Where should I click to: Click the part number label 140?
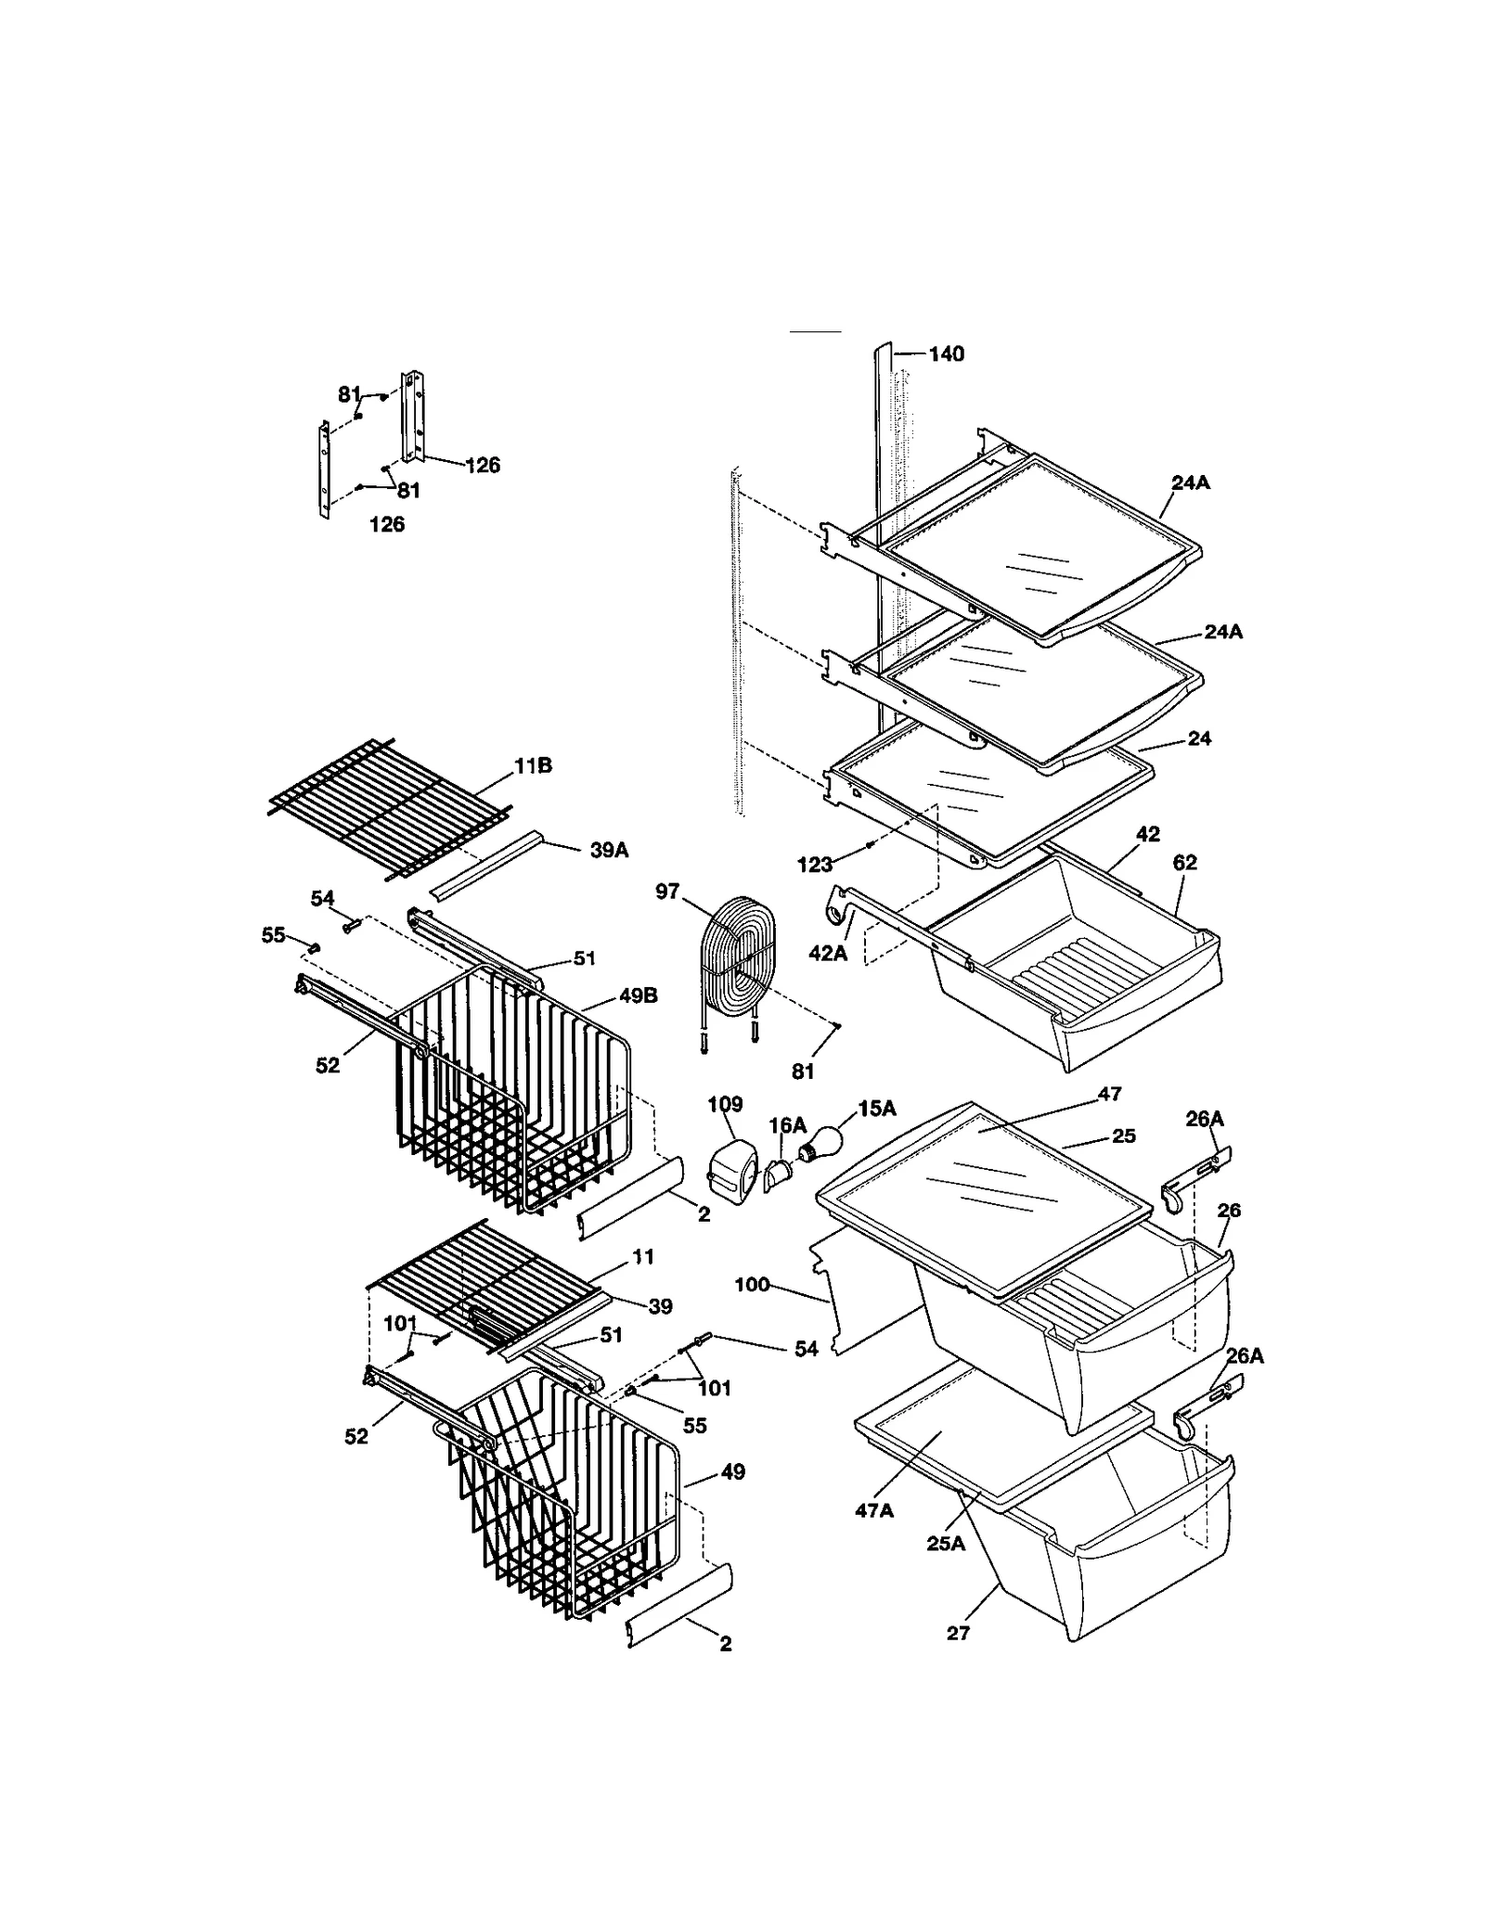(946, 353)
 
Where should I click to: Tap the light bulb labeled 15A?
(820, 1144)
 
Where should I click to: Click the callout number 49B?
(638, 995)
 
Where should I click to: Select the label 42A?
(828, 952)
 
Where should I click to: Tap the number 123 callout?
(814, 865)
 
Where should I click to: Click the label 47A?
(874, 1510)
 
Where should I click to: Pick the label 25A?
(946, 1544)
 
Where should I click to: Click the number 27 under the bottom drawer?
(958, 1633)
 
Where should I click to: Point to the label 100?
(752, 1284)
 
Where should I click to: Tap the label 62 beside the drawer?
(1184, 863)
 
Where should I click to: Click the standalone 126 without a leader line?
(387, 524)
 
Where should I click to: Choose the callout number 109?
(725, 1104)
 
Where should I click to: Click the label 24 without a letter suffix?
(1199, 738)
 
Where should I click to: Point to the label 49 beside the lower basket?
(732, 1472)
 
